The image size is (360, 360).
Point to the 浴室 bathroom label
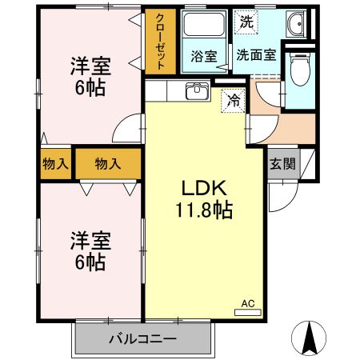click(x=203, y=56)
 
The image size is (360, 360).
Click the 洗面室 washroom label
click(x=256, y=56)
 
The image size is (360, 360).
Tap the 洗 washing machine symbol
click(x=246, y=22)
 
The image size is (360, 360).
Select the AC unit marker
click(x=247, y=303)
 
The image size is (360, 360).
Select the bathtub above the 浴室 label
click(x=203, y=26)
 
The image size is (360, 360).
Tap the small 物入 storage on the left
click(x=54, y=164)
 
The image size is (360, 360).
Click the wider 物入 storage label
click(x=107, y=164)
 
